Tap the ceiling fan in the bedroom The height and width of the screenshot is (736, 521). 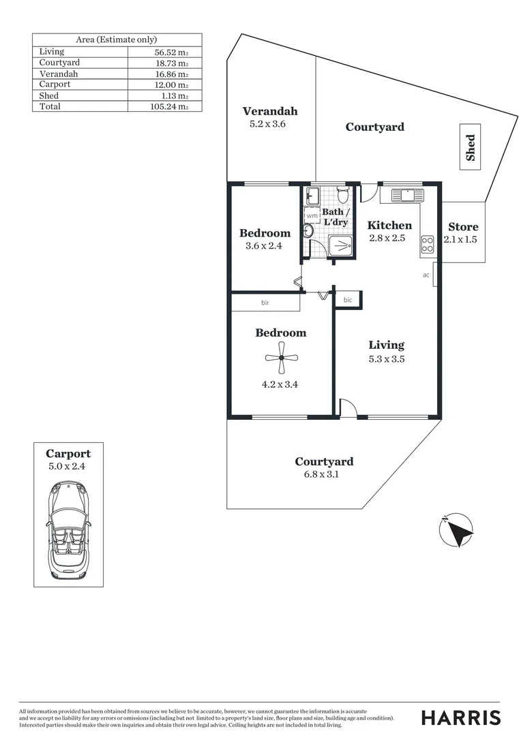pyautogui.click(x=280, y=358)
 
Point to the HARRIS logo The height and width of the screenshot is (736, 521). pyautogui.click(x=460, y=717)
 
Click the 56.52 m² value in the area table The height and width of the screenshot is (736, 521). pyautogui.click(x=169, y=52)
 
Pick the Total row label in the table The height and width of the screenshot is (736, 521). pyautogui.click(x=50, y=106)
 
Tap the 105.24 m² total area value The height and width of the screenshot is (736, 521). pyautogui.click(x=168, y=106)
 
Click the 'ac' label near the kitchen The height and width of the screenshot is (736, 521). pyautogui.click(x=426, y=275)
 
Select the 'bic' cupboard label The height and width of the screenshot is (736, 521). pyautogui.click(x=348, y=300)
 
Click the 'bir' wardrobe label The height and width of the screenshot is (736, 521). pyautogui.click(x=265, y=302)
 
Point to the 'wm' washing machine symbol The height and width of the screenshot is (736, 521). pyautogui.click(x=312, y=216)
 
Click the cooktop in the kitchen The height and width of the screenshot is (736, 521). pyautogui.click(x=428, y=242)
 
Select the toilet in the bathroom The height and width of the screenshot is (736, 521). pyautogui.click(x=345, y=196)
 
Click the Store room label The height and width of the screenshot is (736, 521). pyautogui.click(x=463, y=227)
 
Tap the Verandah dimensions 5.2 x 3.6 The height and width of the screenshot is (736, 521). pyautogui.click(x=270, y=124)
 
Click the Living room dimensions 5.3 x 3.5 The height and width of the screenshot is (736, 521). pyautogui.click(x=387, y=359)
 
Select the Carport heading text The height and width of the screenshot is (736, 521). pyautogui.click(x=68, y=454)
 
